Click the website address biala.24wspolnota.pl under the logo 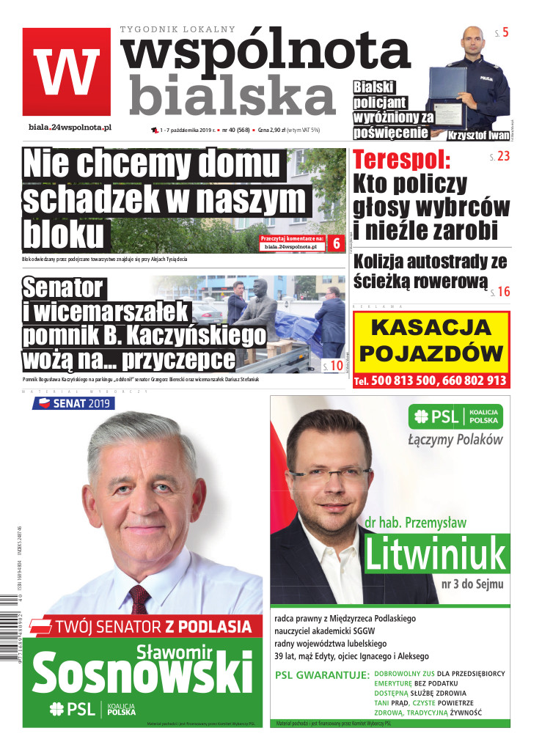pyautogui.click(x=70, y=127)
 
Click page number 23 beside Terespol pyautogui.click(x=502, y=156)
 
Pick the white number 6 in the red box pyautogui.click(x=337, y=243)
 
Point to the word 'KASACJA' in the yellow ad pyautogui.click(x=431, y=328)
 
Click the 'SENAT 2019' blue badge pyautogui.click(x=73, y=403)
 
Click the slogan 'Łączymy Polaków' pyautogui.click(x=455, y=440)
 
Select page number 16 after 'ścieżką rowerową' pyautogui.click(x=502, y=291)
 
